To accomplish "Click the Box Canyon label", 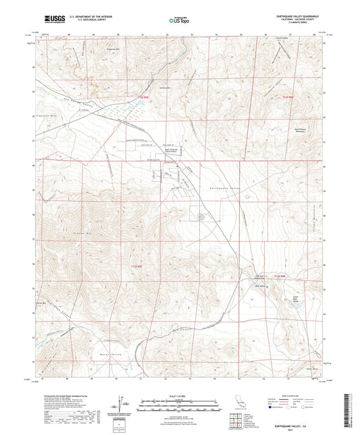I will [178, 330].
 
